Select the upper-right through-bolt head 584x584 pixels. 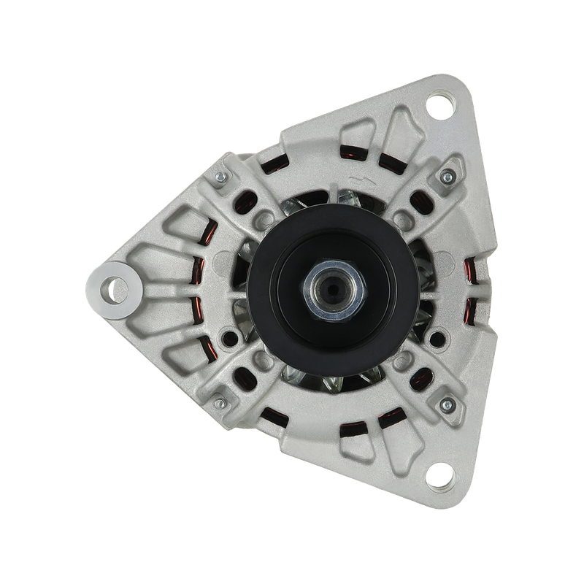point(443,179)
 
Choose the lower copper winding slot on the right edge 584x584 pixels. point(473,310)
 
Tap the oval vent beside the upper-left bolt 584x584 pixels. point(245,197)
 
